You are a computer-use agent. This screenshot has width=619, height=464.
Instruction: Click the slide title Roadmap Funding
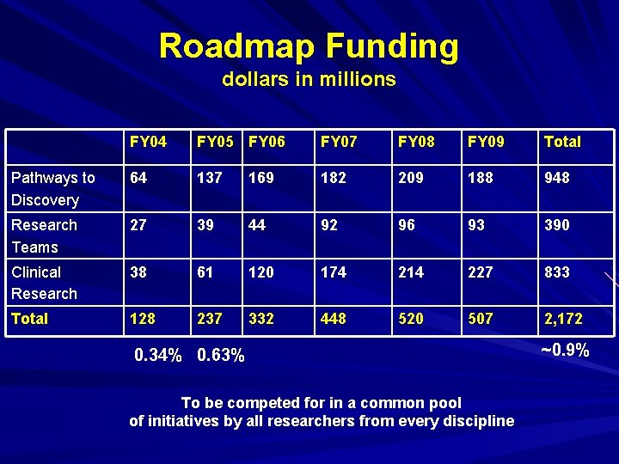(309, 46)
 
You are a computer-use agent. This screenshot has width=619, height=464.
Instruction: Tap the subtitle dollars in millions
(309, 80)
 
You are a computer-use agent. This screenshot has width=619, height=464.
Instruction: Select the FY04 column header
(148, 142)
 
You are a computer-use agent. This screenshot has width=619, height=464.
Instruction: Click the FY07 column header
(338, 142)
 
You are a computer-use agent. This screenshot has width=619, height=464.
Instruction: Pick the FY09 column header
(486, 142)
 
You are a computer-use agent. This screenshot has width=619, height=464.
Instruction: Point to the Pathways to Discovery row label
(52, 189)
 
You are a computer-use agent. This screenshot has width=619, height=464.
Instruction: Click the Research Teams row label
(44, 236)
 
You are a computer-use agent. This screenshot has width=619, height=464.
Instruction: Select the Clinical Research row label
(44, 283)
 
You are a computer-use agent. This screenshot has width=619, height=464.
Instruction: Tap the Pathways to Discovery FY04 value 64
(138, 179)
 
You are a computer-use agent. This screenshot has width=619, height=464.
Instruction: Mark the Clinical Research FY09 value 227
(481, 272)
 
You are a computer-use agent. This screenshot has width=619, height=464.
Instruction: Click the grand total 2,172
(563, 319)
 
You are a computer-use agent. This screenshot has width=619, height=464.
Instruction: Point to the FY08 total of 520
(411, 319)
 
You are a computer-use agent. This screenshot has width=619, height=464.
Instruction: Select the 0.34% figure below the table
(159, 355)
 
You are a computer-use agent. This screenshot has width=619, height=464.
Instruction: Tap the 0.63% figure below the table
(221, 355)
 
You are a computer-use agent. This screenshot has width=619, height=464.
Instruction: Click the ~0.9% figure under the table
(564, 351)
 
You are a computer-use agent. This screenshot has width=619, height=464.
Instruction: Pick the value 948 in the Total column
(556, 179)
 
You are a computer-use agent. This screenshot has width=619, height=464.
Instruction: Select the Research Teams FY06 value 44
(258, 225)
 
